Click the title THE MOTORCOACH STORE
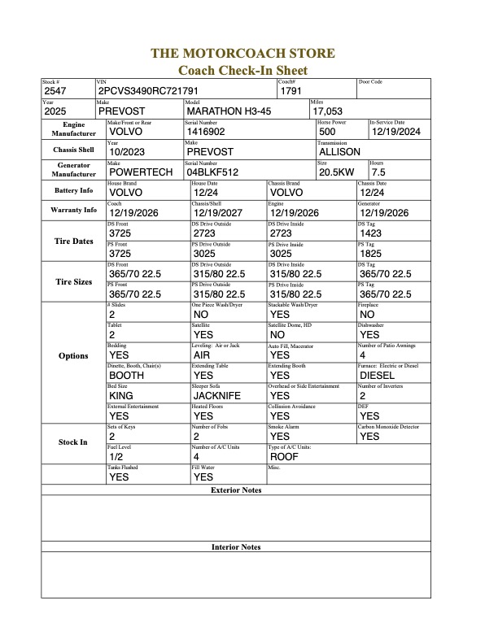[242, 54]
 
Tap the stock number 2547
[56, 91]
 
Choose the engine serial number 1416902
[207, 131]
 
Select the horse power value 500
[328, 131]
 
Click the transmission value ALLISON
[340, 151]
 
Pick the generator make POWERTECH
[139, 172]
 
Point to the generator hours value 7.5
[378, 172]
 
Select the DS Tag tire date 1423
[371, 233]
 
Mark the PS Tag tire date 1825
[371, 253]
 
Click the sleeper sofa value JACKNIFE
[221, 395]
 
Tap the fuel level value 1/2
[116, 457]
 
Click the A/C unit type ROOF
[284, 457]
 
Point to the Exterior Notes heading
[236, 490]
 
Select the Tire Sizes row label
[73, 282]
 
